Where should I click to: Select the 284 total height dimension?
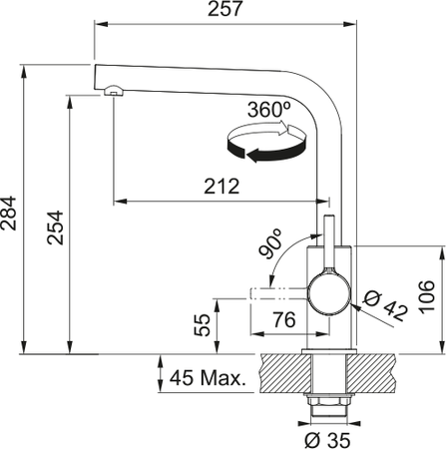click(10, 211)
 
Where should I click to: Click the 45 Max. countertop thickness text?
click(209, 379)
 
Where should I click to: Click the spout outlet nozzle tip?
click(112, 92)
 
